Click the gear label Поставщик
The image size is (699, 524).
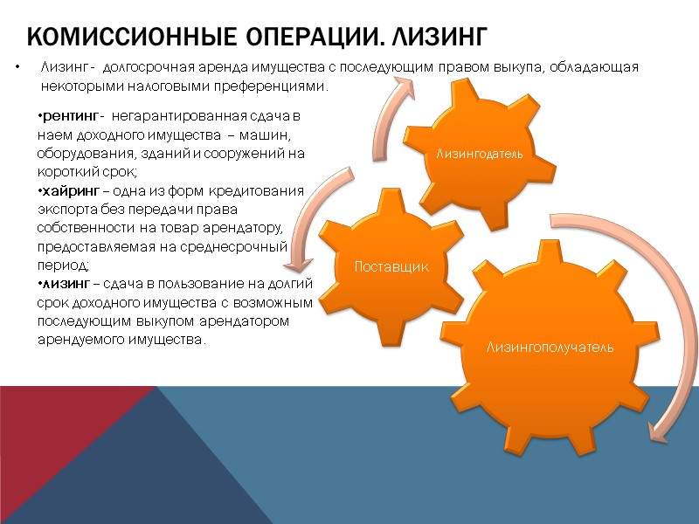(x=391, y=265)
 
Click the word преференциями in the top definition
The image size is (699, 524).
(x=276, y=87)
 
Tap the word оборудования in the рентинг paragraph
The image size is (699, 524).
(x=75, y=154)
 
